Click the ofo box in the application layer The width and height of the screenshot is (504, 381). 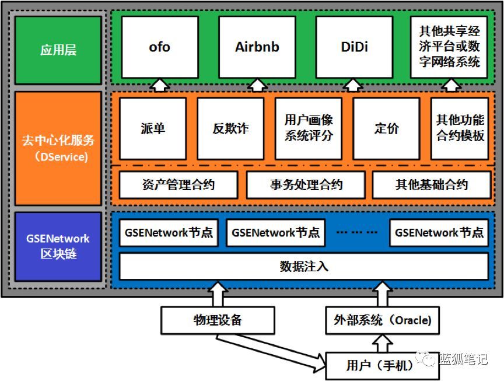pos(160,47)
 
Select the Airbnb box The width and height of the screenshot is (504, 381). pos(257,47)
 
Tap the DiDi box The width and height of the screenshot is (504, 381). pos(354,47)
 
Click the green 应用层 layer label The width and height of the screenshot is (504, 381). pos(58,50)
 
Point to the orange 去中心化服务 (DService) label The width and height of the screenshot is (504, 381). pos(58,148)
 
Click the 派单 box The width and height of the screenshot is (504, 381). pos(153,128)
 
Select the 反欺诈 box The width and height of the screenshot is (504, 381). pos(230,128)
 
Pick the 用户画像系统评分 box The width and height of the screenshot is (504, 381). pos(309,128)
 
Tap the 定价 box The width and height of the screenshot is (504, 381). pos(386,128)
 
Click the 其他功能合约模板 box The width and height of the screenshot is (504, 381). pos(460,128)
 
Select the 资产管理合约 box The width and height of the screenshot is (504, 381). pos(178,186)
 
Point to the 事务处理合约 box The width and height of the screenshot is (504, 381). pos(306,186)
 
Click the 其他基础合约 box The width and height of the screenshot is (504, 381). pos(431,186)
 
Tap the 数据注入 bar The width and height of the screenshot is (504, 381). pos(304,267)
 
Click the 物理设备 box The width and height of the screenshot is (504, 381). pos(218,320)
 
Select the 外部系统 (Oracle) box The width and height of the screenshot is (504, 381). pos(382,320)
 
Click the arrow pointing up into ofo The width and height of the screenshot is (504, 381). pos(160,85)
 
